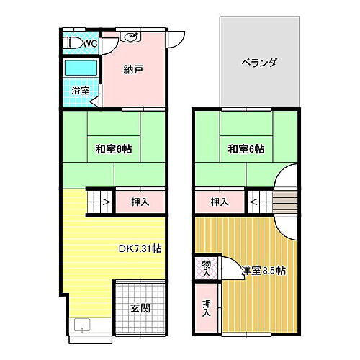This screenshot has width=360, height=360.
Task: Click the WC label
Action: click(90, 44)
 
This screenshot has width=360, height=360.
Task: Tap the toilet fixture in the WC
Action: click(71, 43)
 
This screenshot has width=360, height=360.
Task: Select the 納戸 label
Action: click(133, 70)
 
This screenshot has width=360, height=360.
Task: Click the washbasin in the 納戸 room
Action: click(131, 38)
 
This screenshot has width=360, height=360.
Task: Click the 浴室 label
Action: click(81, 91)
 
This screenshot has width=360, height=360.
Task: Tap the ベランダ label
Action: click(259, 62)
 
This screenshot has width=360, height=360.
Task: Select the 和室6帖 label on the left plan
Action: click(114, 150)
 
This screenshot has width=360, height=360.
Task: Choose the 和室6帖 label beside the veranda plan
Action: click(246, 150)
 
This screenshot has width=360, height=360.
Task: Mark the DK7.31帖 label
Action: click(140, 248)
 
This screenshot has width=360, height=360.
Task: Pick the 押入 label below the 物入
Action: click(206, 308)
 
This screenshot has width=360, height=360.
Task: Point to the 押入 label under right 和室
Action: click(220, 202)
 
